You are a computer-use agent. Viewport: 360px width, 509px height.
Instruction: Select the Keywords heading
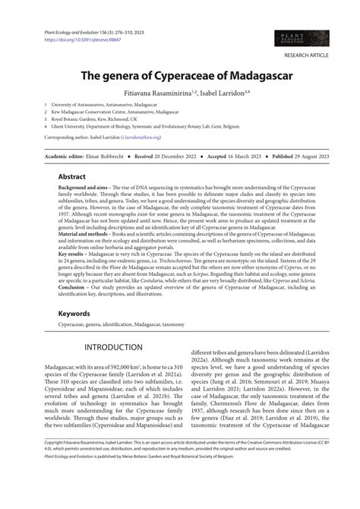pyautogui.click(x=75, y=311)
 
